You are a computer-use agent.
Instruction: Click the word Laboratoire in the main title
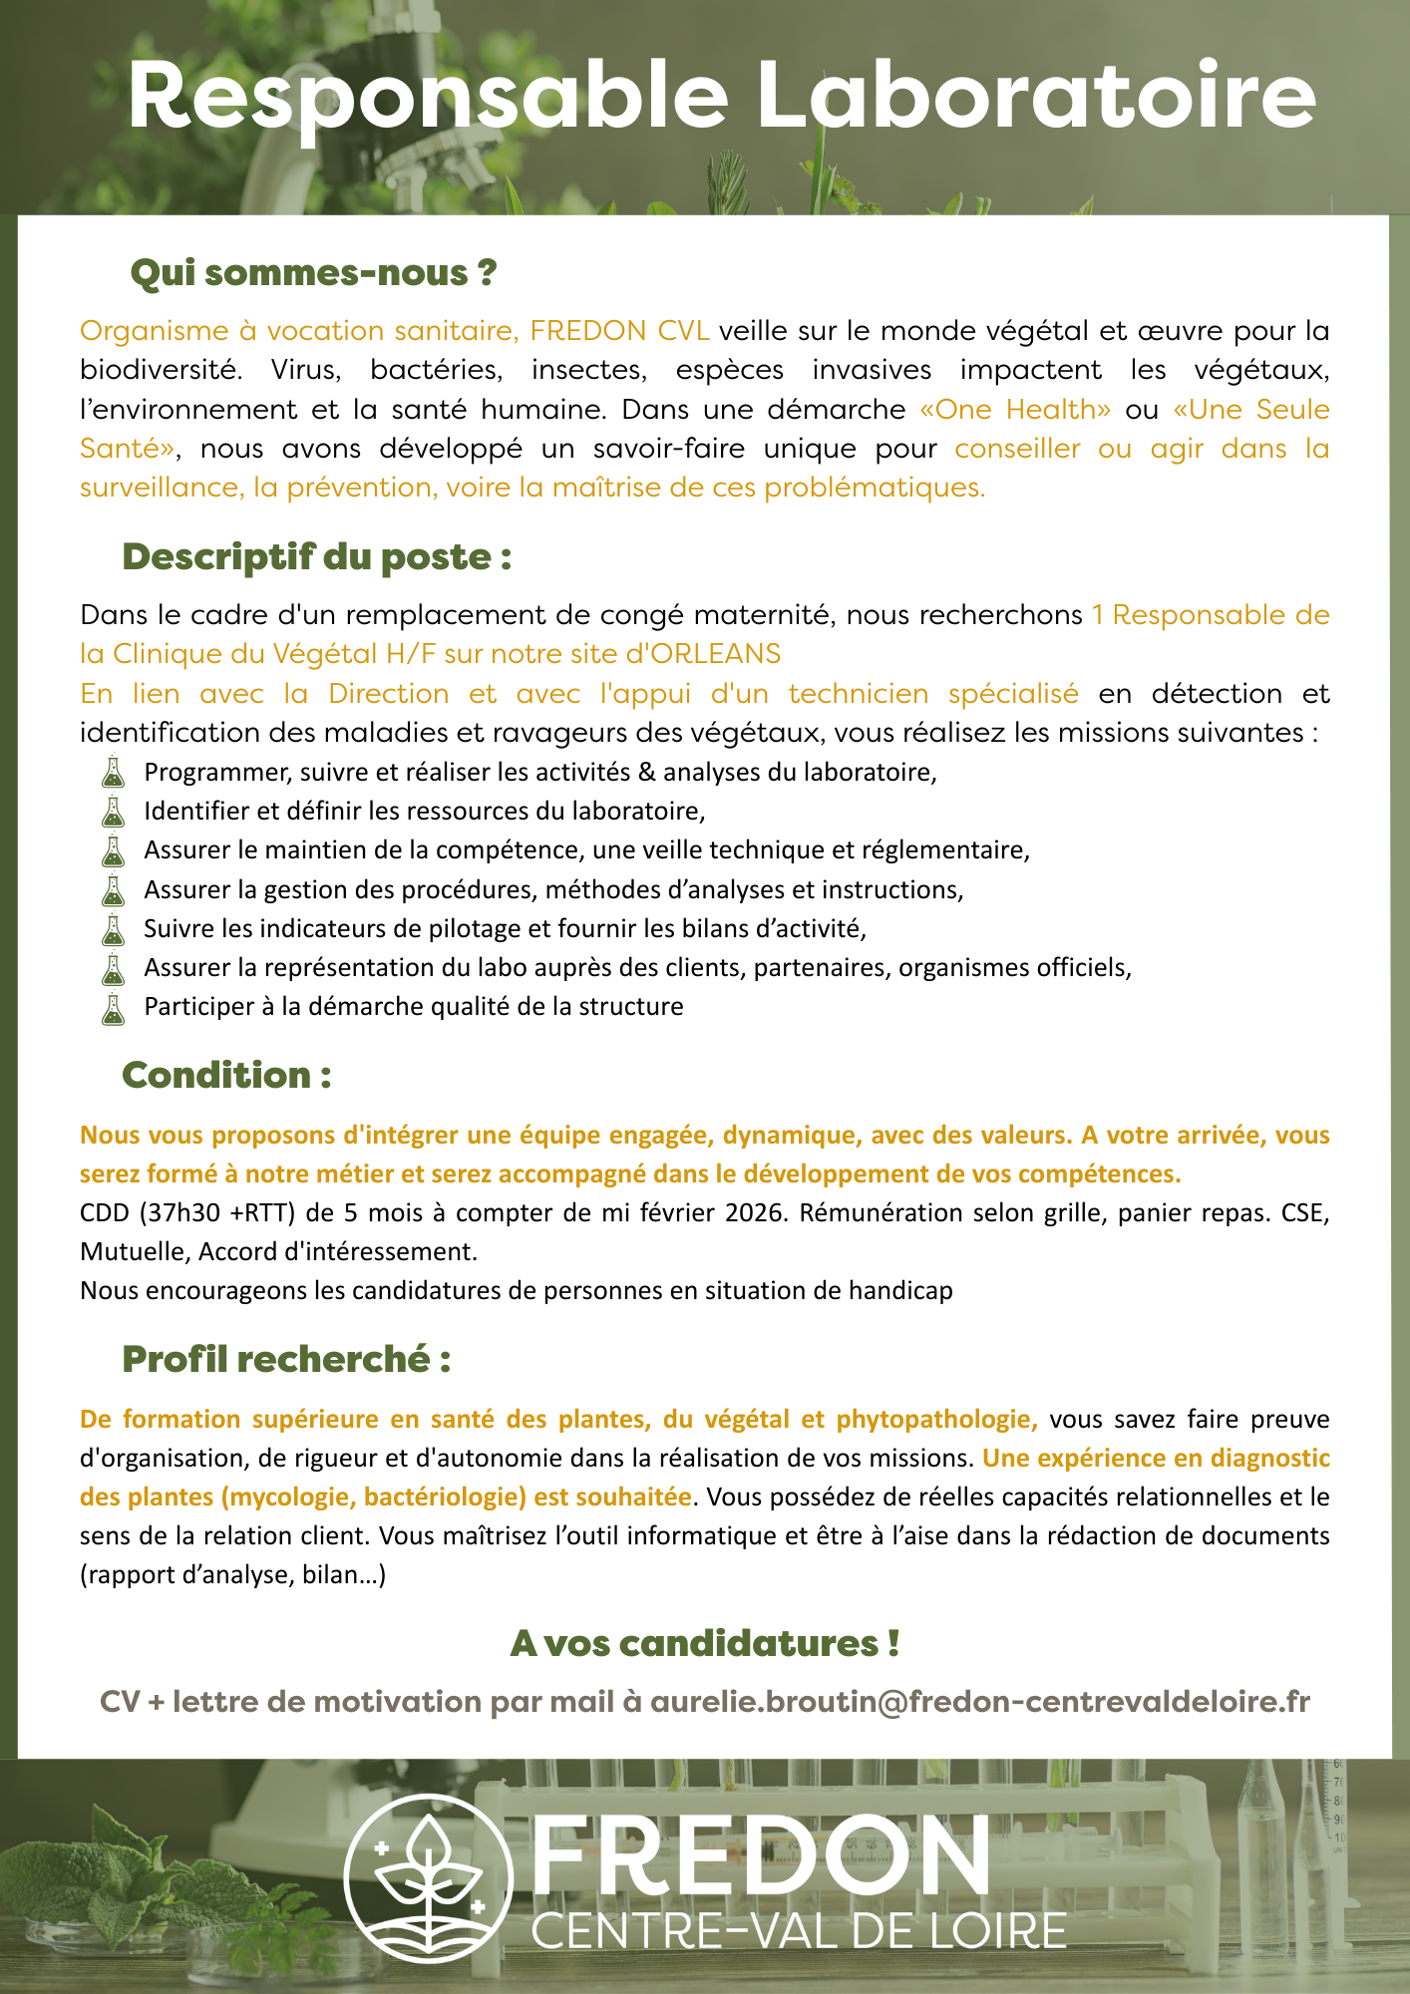tap(1035, 97)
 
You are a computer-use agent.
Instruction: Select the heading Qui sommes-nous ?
tap(313, 273)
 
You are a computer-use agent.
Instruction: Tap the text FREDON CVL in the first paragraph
tap(619, 331)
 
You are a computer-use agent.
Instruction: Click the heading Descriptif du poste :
tap(316, 557)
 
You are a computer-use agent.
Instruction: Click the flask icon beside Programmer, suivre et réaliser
tap(114, 773)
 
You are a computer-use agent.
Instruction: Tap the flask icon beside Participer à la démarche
tap(114, 1008)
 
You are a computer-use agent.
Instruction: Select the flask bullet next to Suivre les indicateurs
tap(114, 929)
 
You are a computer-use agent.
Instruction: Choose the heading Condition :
tap(226, 1076)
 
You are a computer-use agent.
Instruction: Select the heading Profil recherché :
tap(286, 1360)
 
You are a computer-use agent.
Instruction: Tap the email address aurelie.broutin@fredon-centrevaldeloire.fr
tap(979, 1702)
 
